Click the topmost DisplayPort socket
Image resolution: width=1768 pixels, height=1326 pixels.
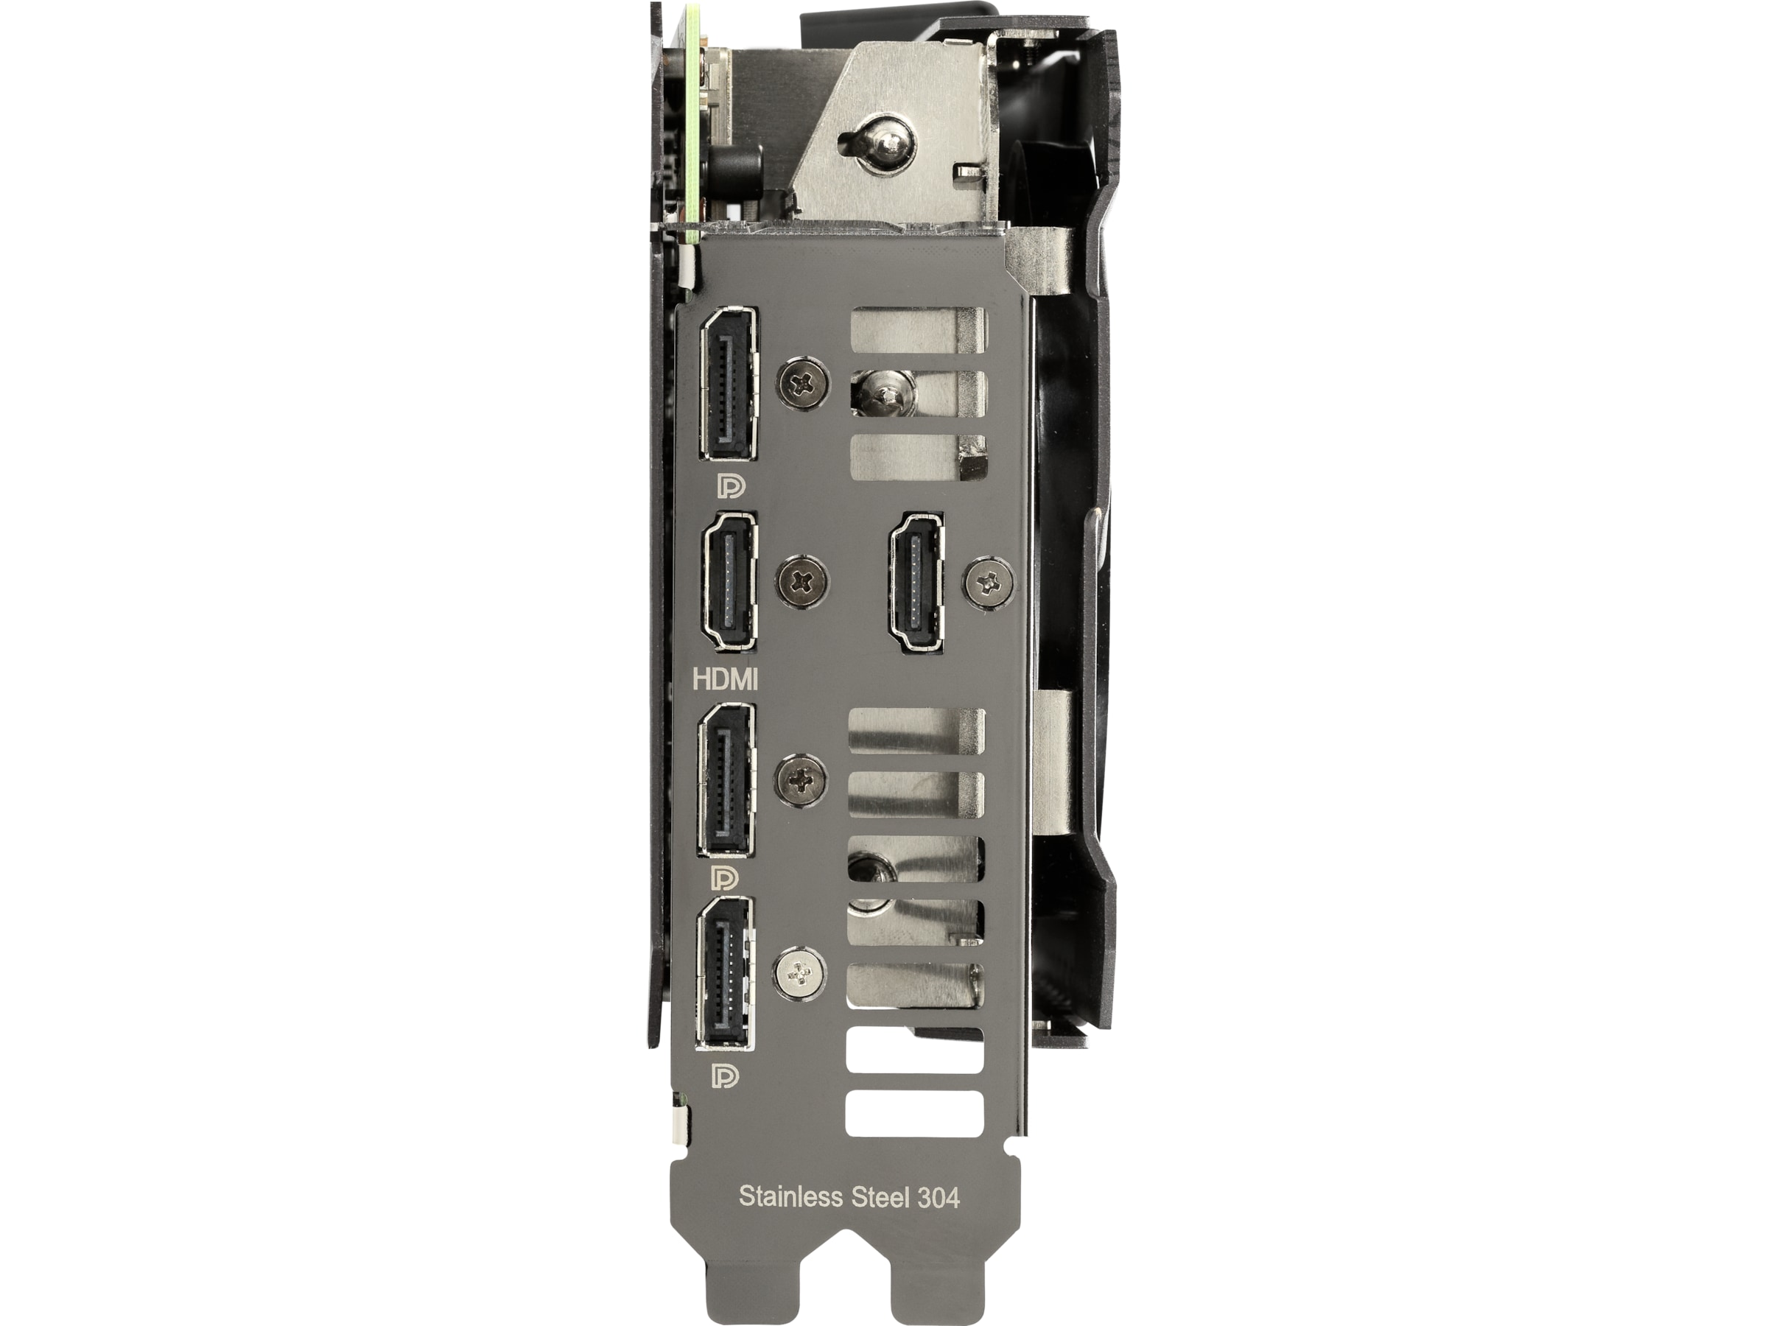click(729, 384)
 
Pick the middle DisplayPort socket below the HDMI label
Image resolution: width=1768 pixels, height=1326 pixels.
click(726, 780)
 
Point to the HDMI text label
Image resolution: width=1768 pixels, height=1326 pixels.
click(726, 680)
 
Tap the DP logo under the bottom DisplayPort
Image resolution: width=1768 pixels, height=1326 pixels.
click(725, 1076)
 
